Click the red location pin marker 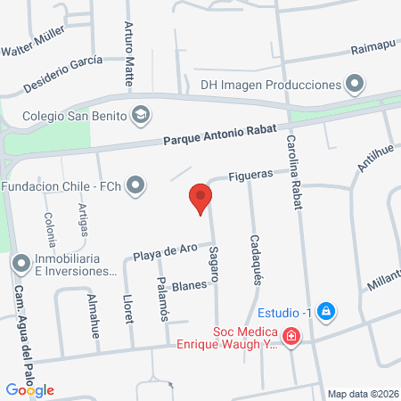pos(200,198)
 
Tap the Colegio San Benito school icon pos(141,114)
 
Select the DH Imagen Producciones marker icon pos(356,85)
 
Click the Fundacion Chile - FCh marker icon pos(135,185)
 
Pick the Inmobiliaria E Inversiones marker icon pos(20,264)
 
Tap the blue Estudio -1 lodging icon pos(326,311)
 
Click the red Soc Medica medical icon pos(291,337)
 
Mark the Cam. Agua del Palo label pos(20,326)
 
